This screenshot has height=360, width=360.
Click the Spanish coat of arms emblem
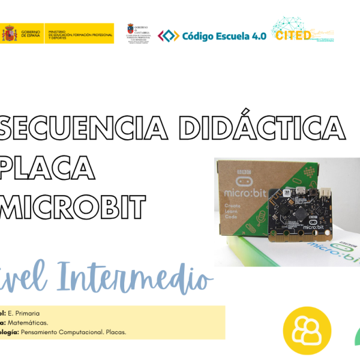10,34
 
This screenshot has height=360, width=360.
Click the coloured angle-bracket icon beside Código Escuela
168,36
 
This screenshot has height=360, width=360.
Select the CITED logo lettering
293,35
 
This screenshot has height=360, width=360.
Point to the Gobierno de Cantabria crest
130,30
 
